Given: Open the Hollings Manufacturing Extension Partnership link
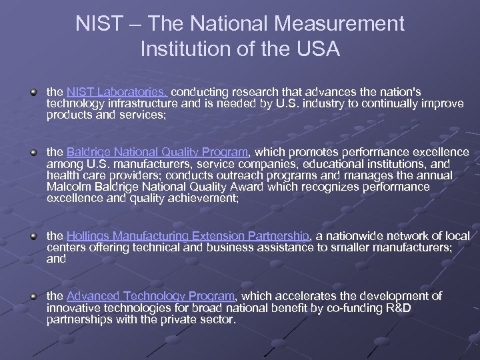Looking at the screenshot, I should click(189, 236).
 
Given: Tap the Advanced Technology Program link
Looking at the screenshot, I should click(151, 295).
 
